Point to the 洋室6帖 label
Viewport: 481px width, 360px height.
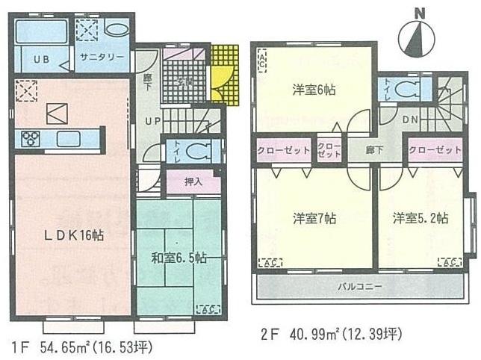(x=313, y=90)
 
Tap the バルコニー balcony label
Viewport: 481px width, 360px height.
(x=359, y=287)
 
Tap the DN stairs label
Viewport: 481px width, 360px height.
(x=410, y=120)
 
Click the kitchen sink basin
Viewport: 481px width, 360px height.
(x=68, y=137)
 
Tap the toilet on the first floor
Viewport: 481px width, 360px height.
(x=196, y=149)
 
